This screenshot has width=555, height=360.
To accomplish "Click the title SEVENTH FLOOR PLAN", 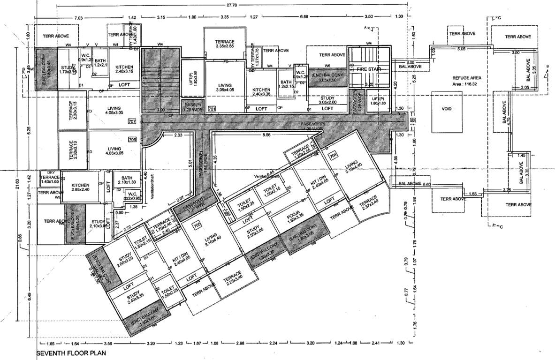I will tap(71, 353).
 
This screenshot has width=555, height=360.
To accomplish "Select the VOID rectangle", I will tap(446, 109).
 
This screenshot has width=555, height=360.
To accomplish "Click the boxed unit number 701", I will tap(212, 110).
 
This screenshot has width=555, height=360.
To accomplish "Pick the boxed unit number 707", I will tap(132, 121).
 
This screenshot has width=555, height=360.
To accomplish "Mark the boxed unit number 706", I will tap(132, 140).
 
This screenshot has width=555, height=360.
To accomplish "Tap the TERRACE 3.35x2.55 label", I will tap(225, 44).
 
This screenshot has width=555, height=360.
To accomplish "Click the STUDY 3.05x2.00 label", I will tap(327, 99).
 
